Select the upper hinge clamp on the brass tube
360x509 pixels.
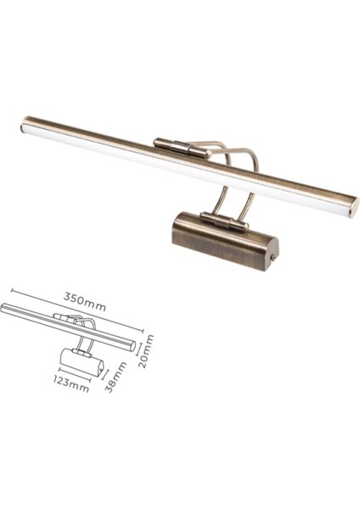(x=180, y=148)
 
